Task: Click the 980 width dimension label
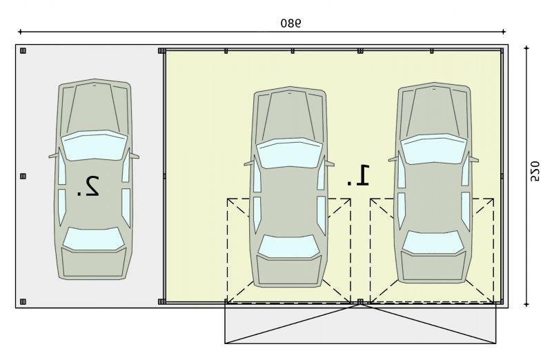click(290, 23)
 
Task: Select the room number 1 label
click(358, 175)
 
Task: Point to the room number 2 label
click(88, 186)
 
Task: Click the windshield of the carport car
click(93, 145)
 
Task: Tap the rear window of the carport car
click(93, 239)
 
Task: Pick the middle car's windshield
click(289, 152)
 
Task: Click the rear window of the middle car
click(288, 246)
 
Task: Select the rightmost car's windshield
click(433, 149)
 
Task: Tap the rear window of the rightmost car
click(433, 242)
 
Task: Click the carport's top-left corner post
click(23, 50)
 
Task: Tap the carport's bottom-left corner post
click(23, 301)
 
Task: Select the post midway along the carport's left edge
click(23, 176)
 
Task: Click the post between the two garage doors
click(359, 301)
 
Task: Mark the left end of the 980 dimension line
click(20, 32)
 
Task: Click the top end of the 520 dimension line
click(526, 47)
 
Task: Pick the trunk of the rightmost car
click(433, 266)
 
